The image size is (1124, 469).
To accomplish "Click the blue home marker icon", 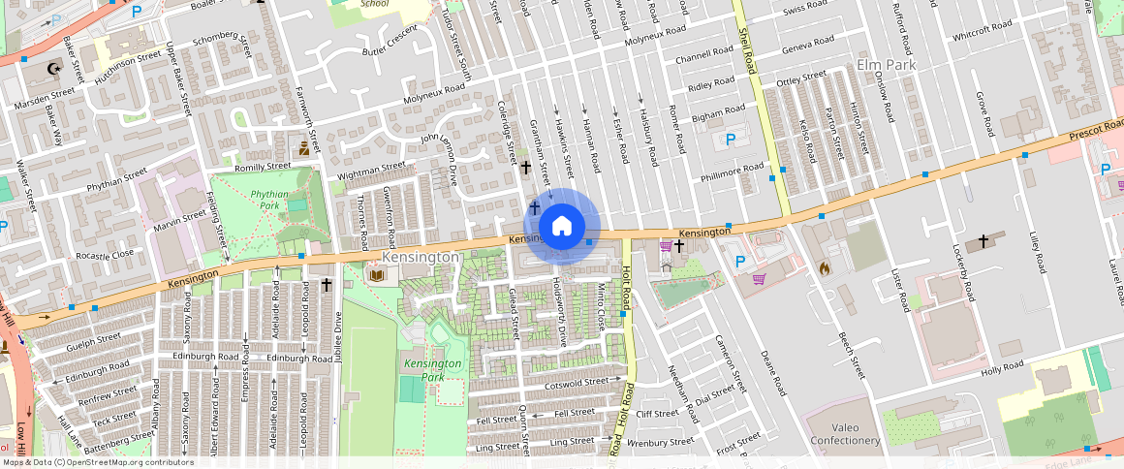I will tap(561, 227).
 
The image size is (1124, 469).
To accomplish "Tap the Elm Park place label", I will tap(887, 65).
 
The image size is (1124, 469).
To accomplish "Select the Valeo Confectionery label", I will tap(843, 433).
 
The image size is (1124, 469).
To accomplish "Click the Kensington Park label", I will tap(433, 369).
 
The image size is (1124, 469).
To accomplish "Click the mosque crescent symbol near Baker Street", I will tap(52, 70).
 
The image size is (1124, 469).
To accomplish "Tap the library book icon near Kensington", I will tap(376, 276).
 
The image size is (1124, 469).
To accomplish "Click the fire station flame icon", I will tap(825, 267).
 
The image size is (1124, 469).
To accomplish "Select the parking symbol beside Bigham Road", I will tap(731, 140).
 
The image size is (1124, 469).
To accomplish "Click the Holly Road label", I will tap(1002, 367).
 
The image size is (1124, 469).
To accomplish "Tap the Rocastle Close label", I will tap(105, 254).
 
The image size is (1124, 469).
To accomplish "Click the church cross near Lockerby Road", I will tap(983, 240).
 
